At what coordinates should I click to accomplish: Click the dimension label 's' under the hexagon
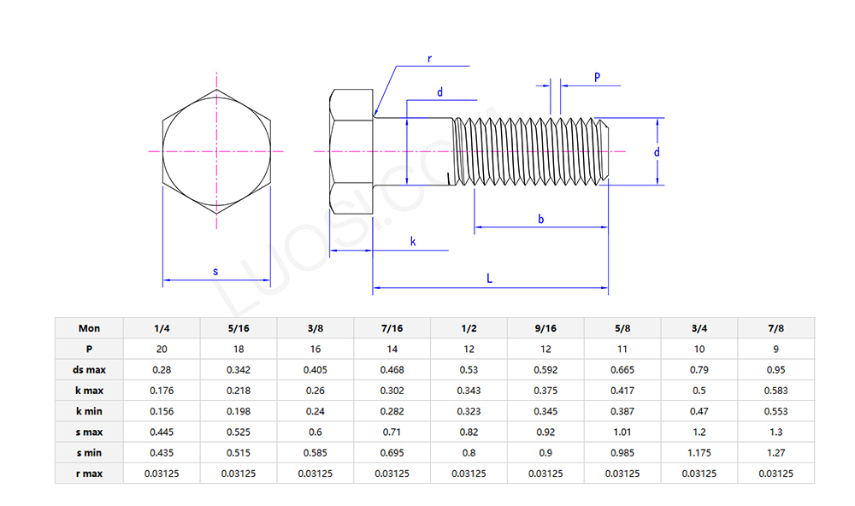[215, 271]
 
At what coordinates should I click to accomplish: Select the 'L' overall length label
[489, 279]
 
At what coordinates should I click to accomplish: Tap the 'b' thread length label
[540, 219]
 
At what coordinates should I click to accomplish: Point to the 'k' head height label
[413, 242]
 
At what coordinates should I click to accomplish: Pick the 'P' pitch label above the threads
[597, 77]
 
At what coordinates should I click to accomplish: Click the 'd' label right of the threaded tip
[657, 151]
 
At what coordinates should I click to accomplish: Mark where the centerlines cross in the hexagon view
[216, 151]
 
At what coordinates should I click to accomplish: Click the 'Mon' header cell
[89, 328]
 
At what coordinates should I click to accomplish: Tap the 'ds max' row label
[89, 369]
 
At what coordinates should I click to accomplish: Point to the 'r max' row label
[89, 474]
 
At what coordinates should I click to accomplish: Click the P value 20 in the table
[162, 349]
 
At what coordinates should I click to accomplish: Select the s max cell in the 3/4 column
[699, 432]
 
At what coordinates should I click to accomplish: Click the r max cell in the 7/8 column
[775, 474]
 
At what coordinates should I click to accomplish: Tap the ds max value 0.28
[162, 369]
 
